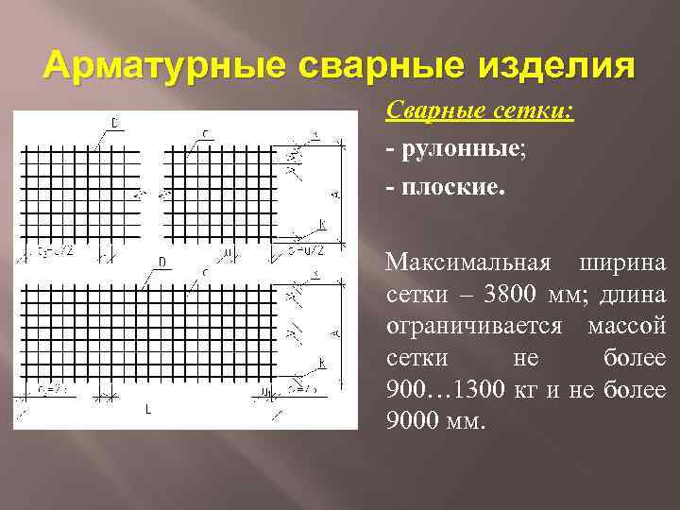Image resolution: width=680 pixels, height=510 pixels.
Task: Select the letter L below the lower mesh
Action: coord(147,410)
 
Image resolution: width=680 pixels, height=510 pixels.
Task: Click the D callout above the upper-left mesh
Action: coord(114,122)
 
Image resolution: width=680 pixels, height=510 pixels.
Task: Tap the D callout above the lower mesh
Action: coord(162,261)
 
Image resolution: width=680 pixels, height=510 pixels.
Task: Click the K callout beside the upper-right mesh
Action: coord(322,223)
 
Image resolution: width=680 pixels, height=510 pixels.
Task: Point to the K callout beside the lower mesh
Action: coord(322,362)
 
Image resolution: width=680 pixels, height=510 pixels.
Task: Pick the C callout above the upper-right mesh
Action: coord(205,132)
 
